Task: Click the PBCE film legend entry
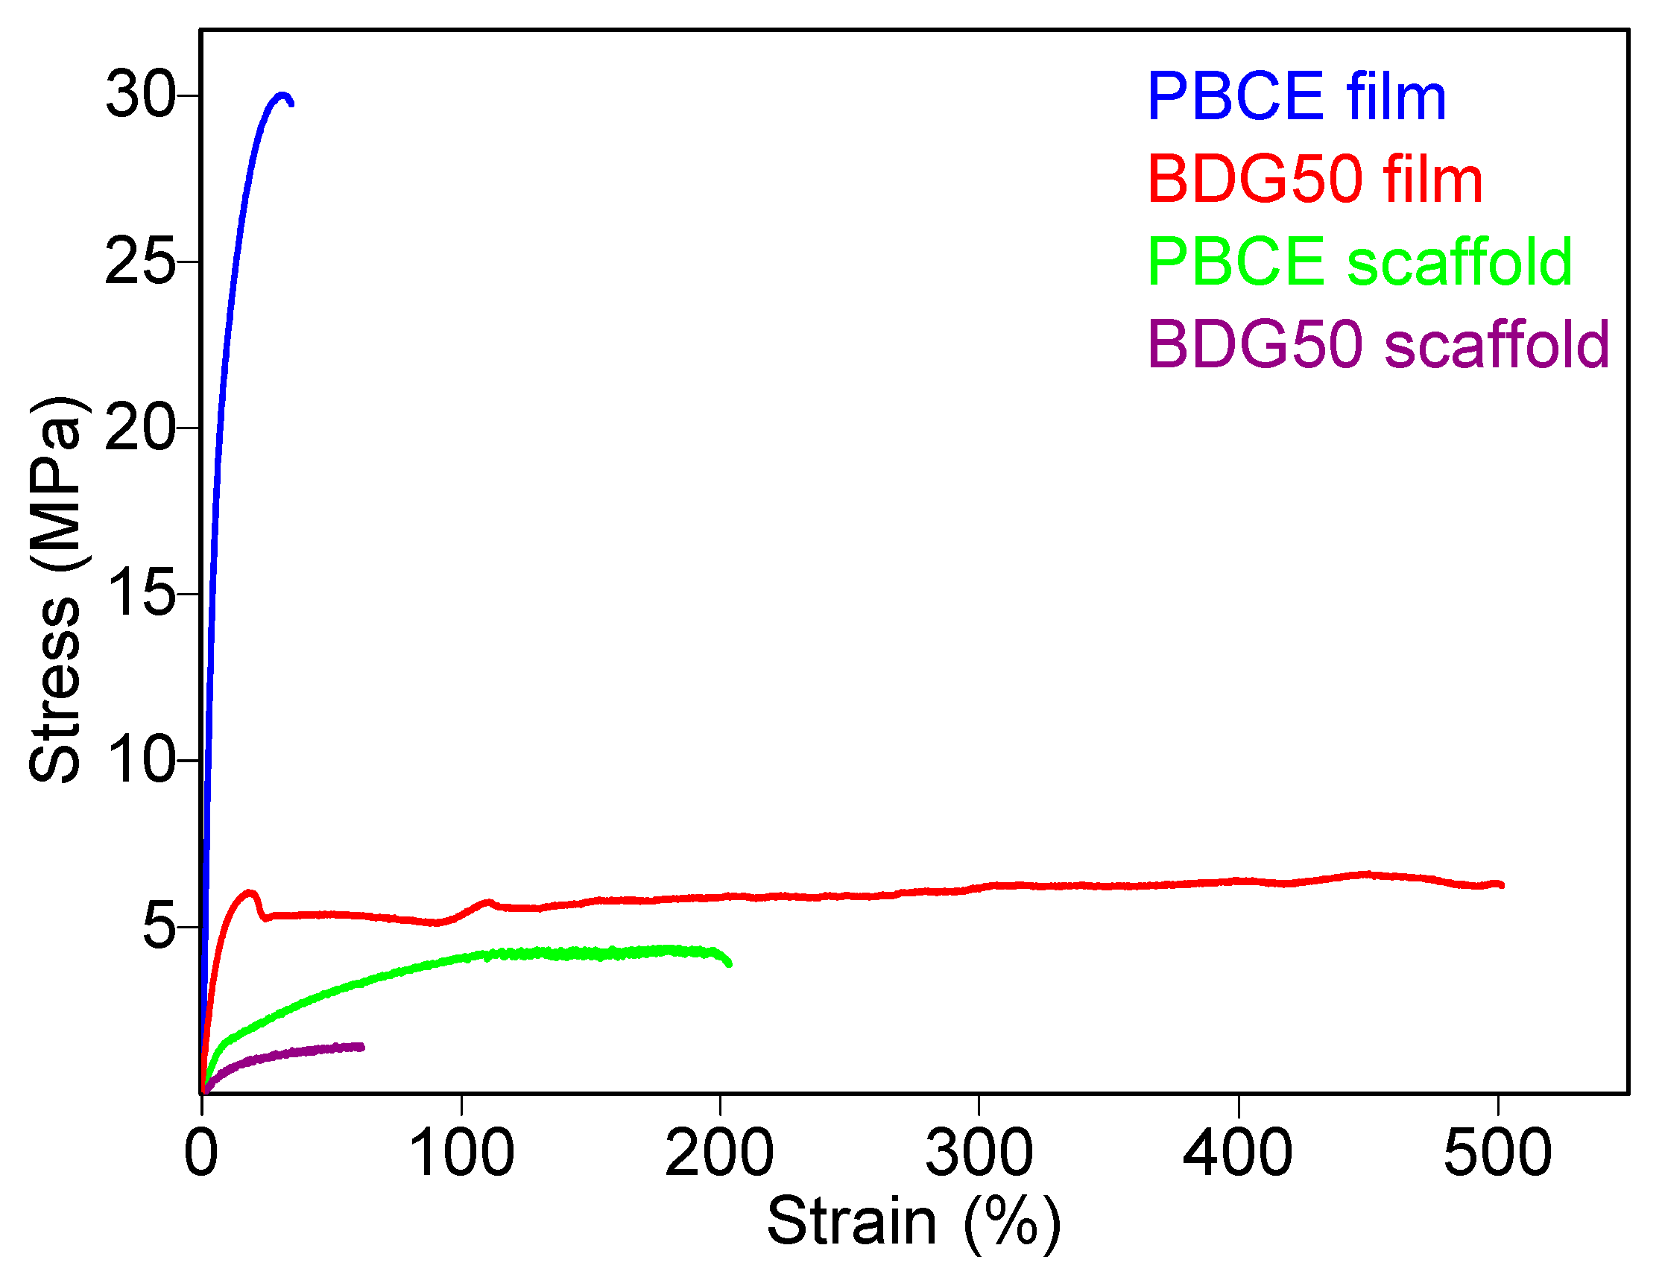(1296, 97)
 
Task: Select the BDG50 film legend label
(1314, 180)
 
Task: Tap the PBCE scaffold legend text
(1359, 262)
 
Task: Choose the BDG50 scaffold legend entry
(1378, 345)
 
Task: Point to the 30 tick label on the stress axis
(140, 95)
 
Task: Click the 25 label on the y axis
(140, 262)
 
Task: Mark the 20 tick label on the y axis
(140, 428)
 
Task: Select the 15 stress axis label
(140, 594)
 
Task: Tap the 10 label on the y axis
(140, 759)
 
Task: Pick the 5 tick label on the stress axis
(158, 926)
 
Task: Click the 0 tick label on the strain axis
(202, 1153)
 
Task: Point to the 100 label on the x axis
(461, 1153)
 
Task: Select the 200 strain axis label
(720, 1153)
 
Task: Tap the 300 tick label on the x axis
(979, 1153)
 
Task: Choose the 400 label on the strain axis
(1238, 1153)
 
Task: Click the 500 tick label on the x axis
(1497, 1153)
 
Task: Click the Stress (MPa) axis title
(55, 590)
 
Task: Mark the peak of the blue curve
(283, 96)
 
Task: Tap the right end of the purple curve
(362, 1047)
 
